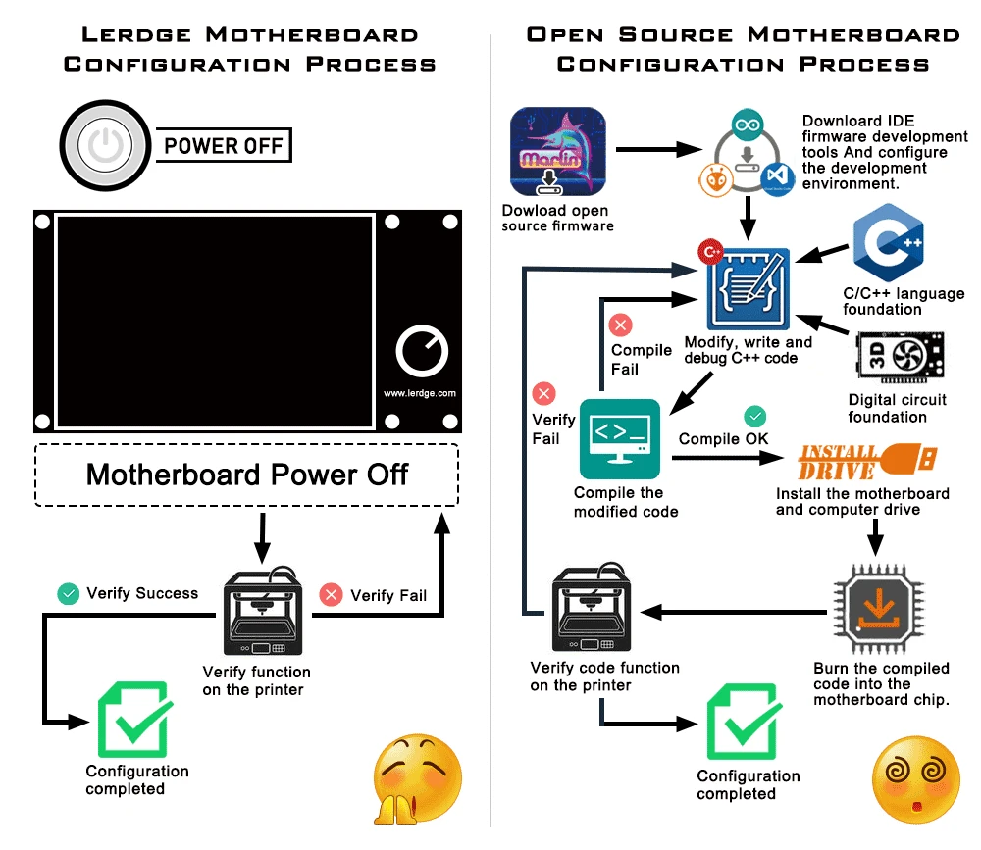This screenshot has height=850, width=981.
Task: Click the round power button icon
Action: pyautogui.click(x=104, y=147)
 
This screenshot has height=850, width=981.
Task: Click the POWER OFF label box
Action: pyautogui.click(x=223, y=147)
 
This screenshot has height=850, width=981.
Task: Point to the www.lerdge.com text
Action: pyautogui.click(x=420, y=393)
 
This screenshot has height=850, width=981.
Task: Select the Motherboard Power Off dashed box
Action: pyautogui.click(x=246, y=475)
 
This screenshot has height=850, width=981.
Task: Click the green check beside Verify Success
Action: pyautogui.click(x=68, y=593)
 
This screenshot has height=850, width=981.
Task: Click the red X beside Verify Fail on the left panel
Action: pyautogui.click(x=331, y=594)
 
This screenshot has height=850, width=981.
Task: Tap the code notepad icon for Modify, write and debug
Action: pyautogui.click(x=749, y=288)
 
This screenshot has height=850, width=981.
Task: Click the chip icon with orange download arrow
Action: pyautogui.click(x=879, y=609)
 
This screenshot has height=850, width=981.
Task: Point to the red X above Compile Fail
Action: pyautogui.click(x=621, y=325)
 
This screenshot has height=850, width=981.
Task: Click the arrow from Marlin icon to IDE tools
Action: pyautogui.click(x=657, y=151)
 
